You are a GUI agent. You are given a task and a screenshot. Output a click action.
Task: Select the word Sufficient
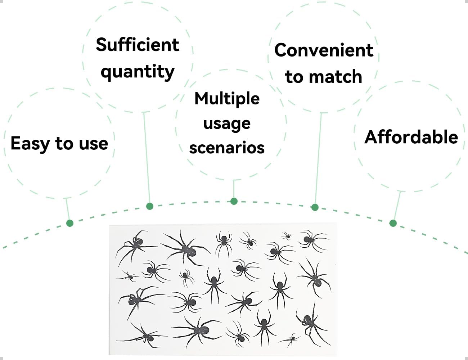[x=137, y=45]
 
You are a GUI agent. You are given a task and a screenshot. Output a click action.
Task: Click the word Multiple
[x=227, y=98]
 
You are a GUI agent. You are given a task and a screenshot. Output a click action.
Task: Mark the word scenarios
[x=227, y=148]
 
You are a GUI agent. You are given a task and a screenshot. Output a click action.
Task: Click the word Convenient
[x=324, y=50]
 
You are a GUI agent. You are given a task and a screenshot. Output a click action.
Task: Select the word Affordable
[x=411, y=137]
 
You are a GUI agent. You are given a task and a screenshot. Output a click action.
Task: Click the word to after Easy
[x=64, y=144]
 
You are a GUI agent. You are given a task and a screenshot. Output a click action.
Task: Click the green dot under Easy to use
[x=70, y=223]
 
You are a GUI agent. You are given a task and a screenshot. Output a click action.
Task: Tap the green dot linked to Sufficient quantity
[x=150, y=206]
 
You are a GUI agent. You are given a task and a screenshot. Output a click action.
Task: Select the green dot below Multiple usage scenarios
[x=234, y=201]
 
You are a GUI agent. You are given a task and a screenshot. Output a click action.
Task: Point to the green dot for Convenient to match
[x=315, y=207]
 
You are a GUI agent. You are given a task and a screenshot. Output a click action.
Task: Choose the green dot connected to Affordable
[x=393, y=223]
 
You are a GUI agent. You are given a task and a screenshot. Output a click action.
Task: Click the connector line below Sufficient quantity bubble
[x=147, y=158]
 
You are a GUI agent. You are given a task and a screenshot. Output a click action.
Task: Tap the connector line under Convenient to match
[x=318, y=158]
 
